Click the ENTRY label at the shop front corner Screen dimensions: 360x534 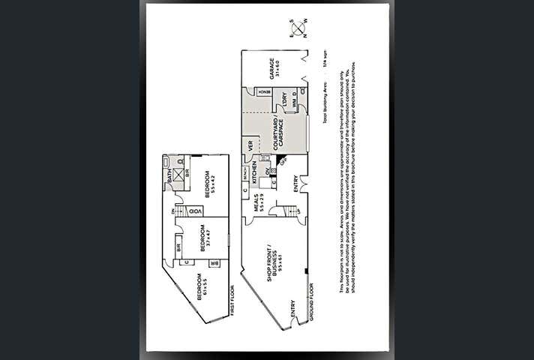pos(292,313)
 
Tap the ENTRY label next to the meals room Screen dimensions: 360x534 pos(295,184)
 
